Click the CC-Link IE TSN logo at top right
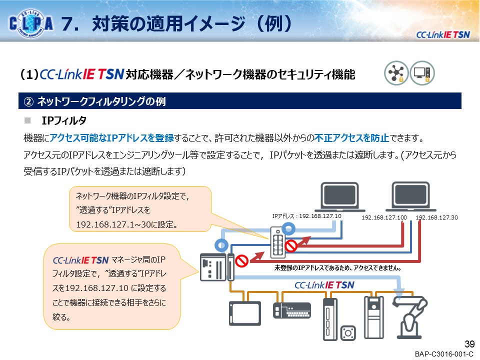(443, 34)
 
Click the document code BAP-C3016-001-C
(443, 354)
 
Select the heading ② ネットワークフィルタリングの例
(95, 101)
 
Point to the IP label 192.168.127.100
(384, 218)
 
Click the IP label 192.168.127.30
(436, 218)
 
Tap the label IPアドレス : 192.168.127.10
(306, 216)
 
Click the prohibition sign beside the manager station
(242, 260)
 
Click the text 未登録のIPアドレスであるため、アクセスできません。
(338, 268)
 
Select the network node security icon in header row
(396, 74)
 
